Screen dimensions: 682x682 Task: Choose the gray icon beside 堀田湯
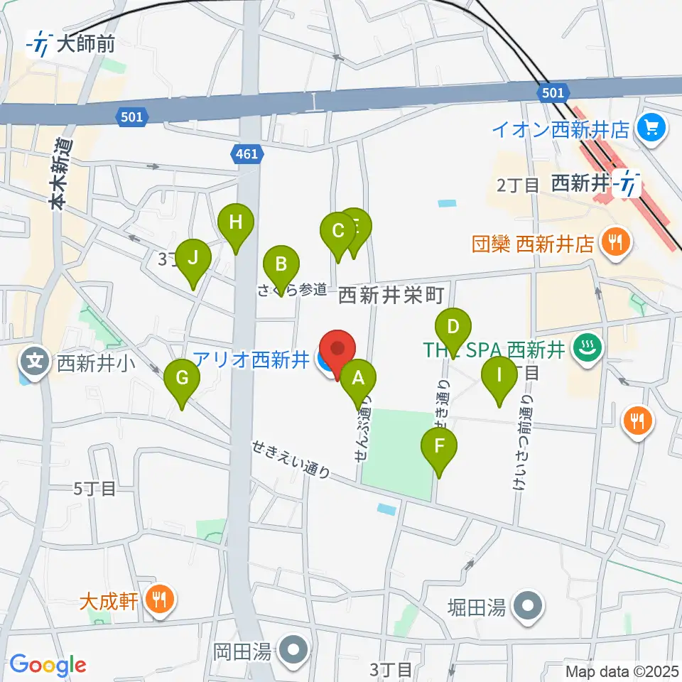[529, 607]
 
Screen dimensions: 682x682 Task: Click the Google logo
[48, 665]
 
